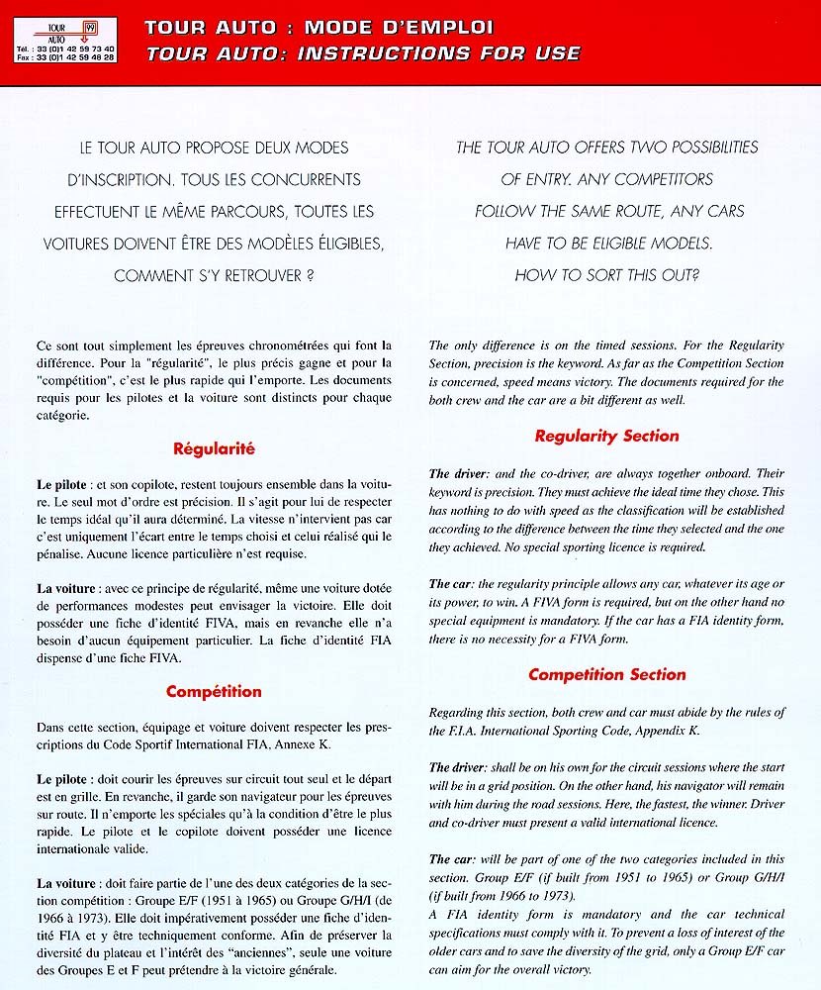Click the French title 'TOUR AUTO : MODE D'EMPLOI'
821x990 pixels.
pos(319,27)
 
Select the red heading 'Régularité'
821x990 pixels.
pos(215,448)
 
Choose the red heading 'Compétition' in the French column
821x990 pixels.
pos(214,691)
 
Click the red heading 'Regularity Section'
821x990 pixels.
pos(606,436)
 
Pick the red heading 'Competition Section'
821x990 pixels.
pos(606,674)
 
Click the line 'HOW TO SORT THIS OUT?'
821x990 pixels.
pos(606,276)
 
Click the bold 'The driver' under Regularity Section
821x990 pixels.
pos(461,474)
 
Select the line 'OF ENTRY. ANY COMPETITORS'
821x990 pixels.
pos(606,180)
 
